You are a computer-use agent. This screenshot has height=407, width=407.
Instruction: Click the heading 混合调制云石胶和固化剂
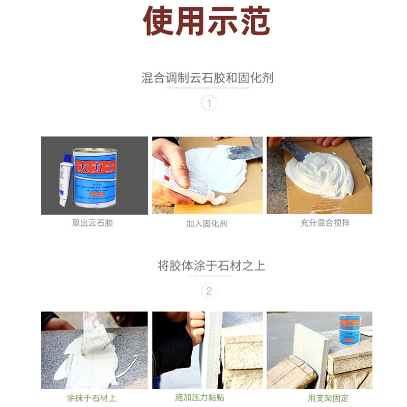(207, 78)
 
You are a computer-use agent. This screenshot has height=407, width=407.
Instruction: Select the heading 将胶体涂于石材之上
(211, 266)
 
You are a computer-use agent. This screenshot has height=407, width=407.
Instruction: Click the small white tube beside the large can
(65, 179)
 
